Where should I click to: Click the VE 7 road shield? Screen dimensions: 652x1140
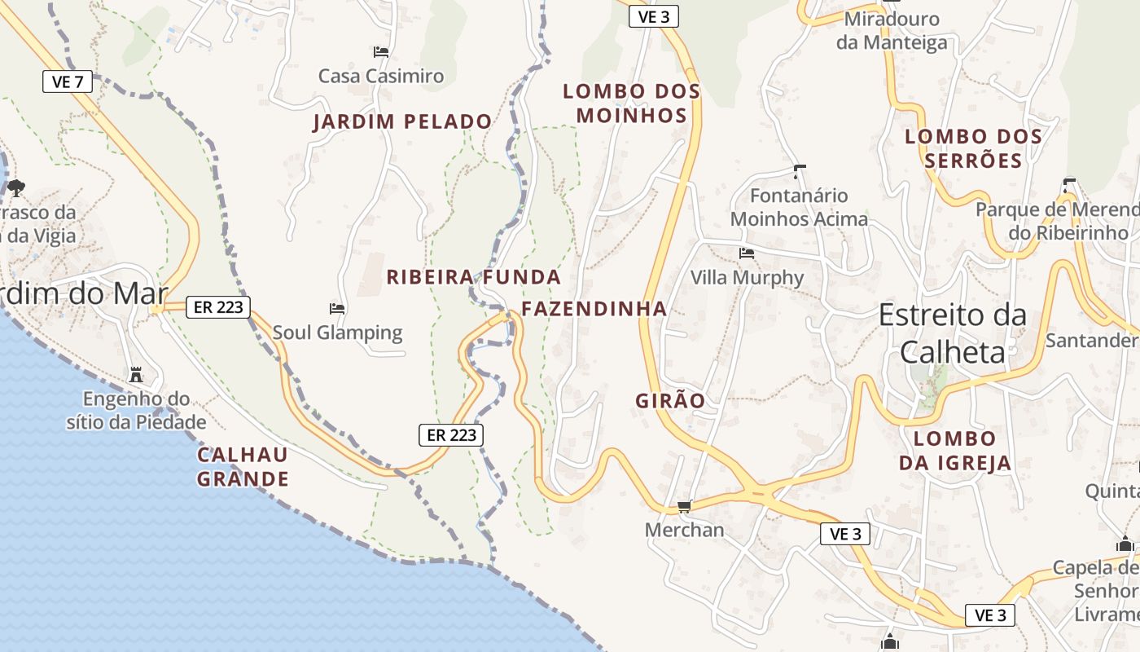point(68,81)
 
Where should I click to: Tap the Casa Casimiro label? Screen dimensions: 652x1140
point(381,77)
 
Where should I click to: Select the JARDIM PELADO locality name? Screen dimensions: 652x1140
point(402,122)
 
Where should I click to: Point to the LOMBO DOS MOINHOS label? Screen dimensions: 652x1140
point(632,104)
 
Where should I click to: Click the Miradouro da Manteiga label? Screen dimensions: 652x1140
point(892,31)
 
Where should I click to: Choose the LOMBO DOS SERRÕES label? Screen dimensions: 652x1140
point(973,148)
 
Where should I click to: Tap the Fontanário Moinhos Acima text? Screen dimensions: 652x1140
point(799,208)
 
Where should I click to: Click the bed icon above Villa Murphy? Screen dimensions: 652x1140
point(747,253)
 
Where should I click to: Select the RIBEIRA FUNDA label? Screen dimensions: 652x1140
point(473,277)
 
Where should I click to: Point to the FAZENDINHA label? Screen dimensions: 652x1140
point(594,309)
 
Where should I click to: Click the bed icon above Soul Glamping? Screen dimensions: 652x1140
point(337,309)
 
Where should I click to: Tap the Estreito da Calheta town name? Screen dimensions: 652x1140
point(952,333)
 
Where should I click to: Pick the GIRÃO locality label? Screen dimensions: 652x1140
point(669,400)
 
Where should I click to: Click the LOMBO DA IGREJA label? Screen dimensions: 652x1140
point(954,451)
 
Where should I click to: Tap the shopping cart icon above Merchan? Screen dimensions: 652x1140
point(685,506)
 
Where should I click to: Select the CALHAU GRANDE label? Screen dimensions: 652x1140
point(243,466)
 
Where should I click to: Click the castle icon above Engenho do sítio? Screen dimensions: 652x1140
point(136,375)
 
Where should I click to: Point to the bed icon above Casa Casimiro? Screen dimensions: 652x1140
point(381,52)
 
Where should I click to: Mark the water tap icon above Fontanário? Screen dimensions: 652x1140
point(799,171)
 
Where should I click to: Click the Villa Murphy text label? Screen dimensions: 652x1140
point(747,278)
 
